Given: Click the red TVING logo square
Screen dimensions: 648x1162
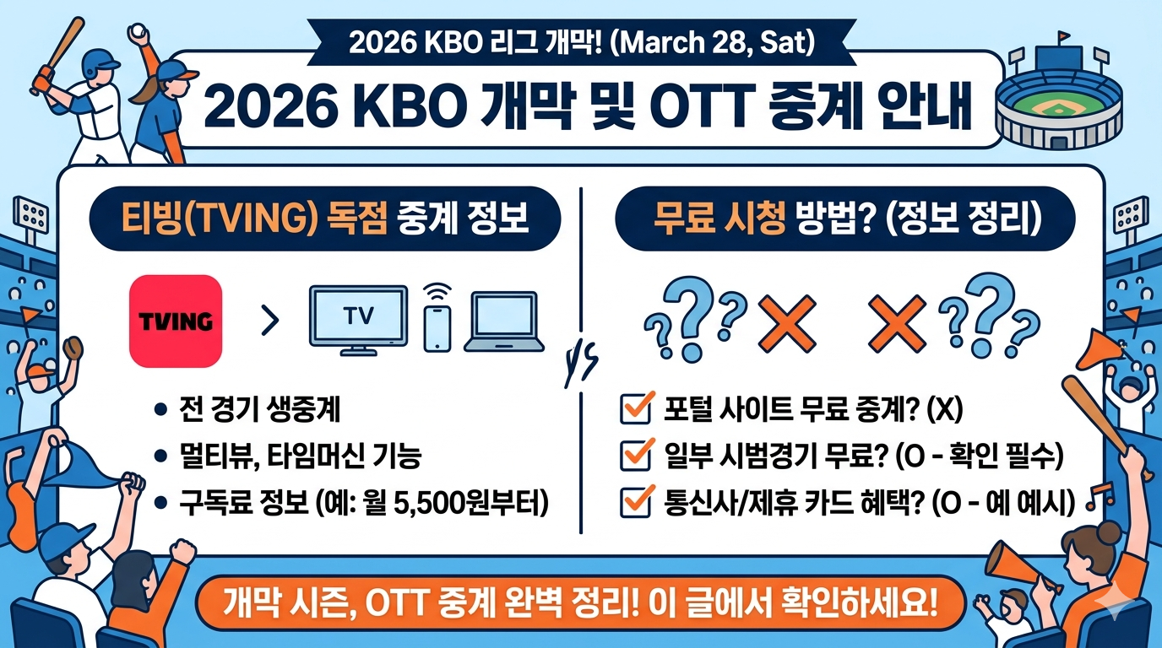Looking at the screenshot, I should click(175, 320).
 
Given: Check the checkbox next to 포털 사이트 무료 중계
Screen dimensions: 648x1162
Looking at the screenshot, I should click(633, 411).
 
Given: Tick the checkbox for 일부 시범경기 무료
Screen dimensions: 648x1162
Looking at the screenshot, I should click(633, 456).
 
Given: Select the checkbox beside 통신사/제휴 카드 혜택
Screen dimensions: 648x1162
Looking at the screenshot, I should click(633, 503).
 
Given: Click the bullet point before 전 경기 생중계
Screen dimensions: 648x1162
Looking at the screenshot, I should click(160, 411).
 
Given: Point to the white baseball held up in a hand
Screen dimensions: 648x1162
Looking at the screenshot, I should click(137, 31).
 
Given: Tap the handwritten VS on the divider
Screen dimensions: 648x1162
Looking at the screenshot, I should click(580, 365).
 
